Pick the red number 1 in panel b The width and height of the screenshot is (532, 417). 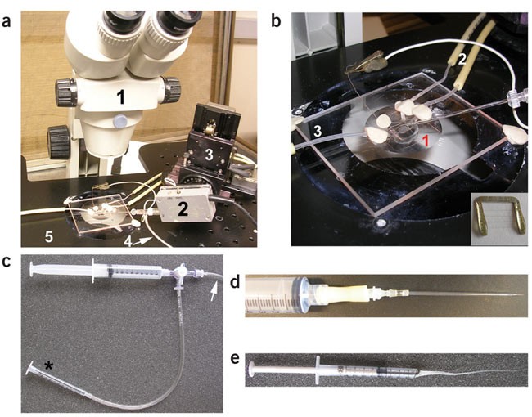point(423,141)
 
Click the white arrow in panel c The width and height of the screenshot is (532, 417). point(215,287)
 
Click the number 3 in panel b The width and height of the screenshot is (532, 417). point(315,130)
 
